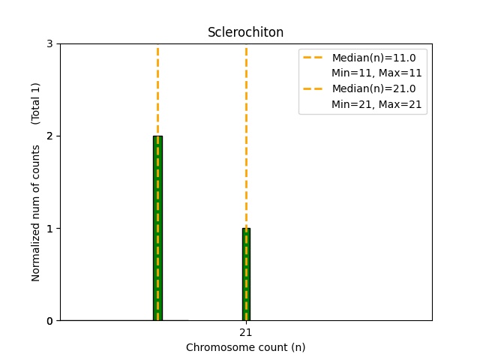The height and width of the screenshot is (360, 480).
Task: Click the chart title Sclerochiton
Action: [x=245, y=32]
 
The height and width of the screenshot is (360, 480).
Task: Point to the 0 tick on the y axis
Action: [x=49, y=321]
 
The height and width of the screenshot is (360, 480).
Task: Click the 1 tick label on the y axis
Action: [x=49, y=229]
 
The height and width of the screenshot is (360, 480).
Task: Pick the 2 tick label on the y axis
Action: [x=49, y=136]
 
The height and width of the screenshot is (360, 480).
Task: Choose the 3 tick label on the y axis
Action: [x=49, y=44]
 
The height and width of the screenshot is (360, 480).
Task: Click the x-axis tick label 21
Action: [x=246, y=332]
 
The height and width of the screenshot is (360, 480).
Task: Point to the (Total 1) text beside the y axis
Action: [x=36, y=103]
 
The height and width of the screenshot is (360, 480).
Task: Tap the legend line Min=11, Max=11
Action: [x=376, y=73]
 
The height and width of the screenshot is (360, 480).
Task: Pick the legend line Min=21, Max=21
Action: [x=376, y=104]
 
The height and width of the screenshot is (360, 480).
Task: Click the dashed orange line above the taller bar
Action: [x=157, y=90]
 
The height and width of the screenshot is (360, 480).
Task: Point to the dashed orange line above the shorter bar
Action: [x=246, y=135]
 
